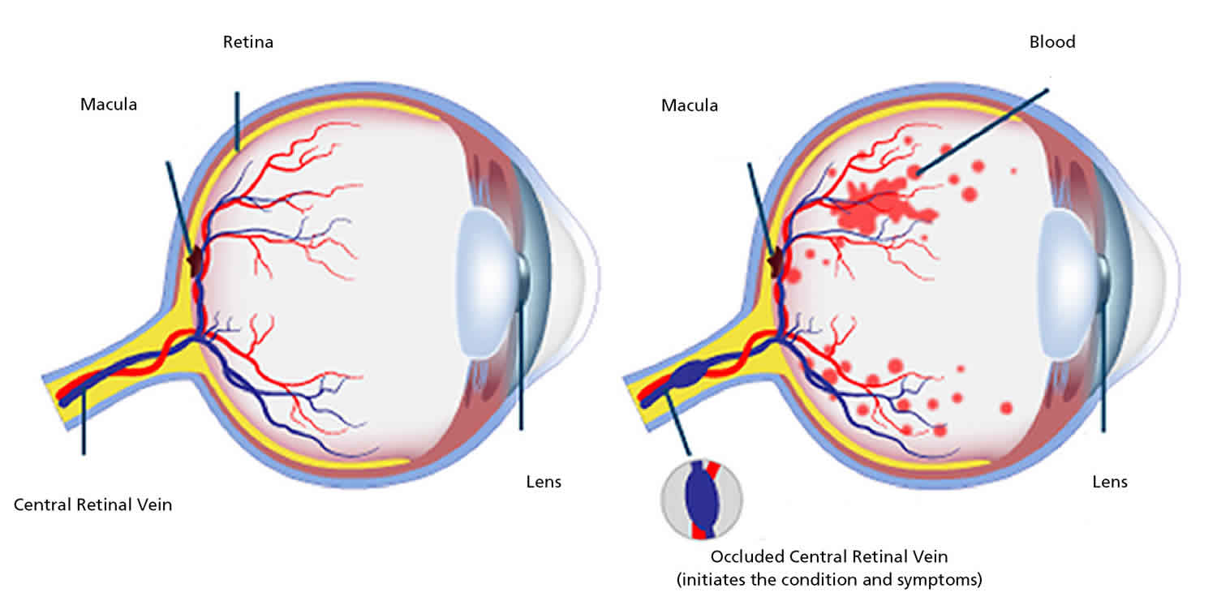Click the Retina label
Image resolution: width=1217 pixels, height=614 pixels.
coord(248,42)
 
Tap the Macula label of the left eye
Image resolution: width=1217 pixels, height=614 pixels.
coord(109,105)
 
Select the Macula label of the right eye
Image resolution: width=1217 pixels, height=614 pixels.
coord(690,105)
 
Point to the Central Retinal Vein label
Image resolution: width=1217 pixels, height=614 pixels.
coord(93,505)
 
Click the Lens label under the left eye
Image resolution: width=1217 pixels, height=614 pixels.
coord(544,482)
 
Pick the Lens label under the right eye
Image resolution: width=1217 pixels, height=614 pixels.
coord(1110,482)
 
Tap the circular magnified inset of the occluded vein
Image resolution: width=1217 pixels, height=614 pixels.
coord(702,500)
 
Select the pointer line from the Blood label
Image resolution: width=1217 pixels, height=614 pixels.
coord(982,130)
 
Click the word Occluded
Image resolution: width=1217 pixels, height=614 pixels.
coord(743,557)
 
